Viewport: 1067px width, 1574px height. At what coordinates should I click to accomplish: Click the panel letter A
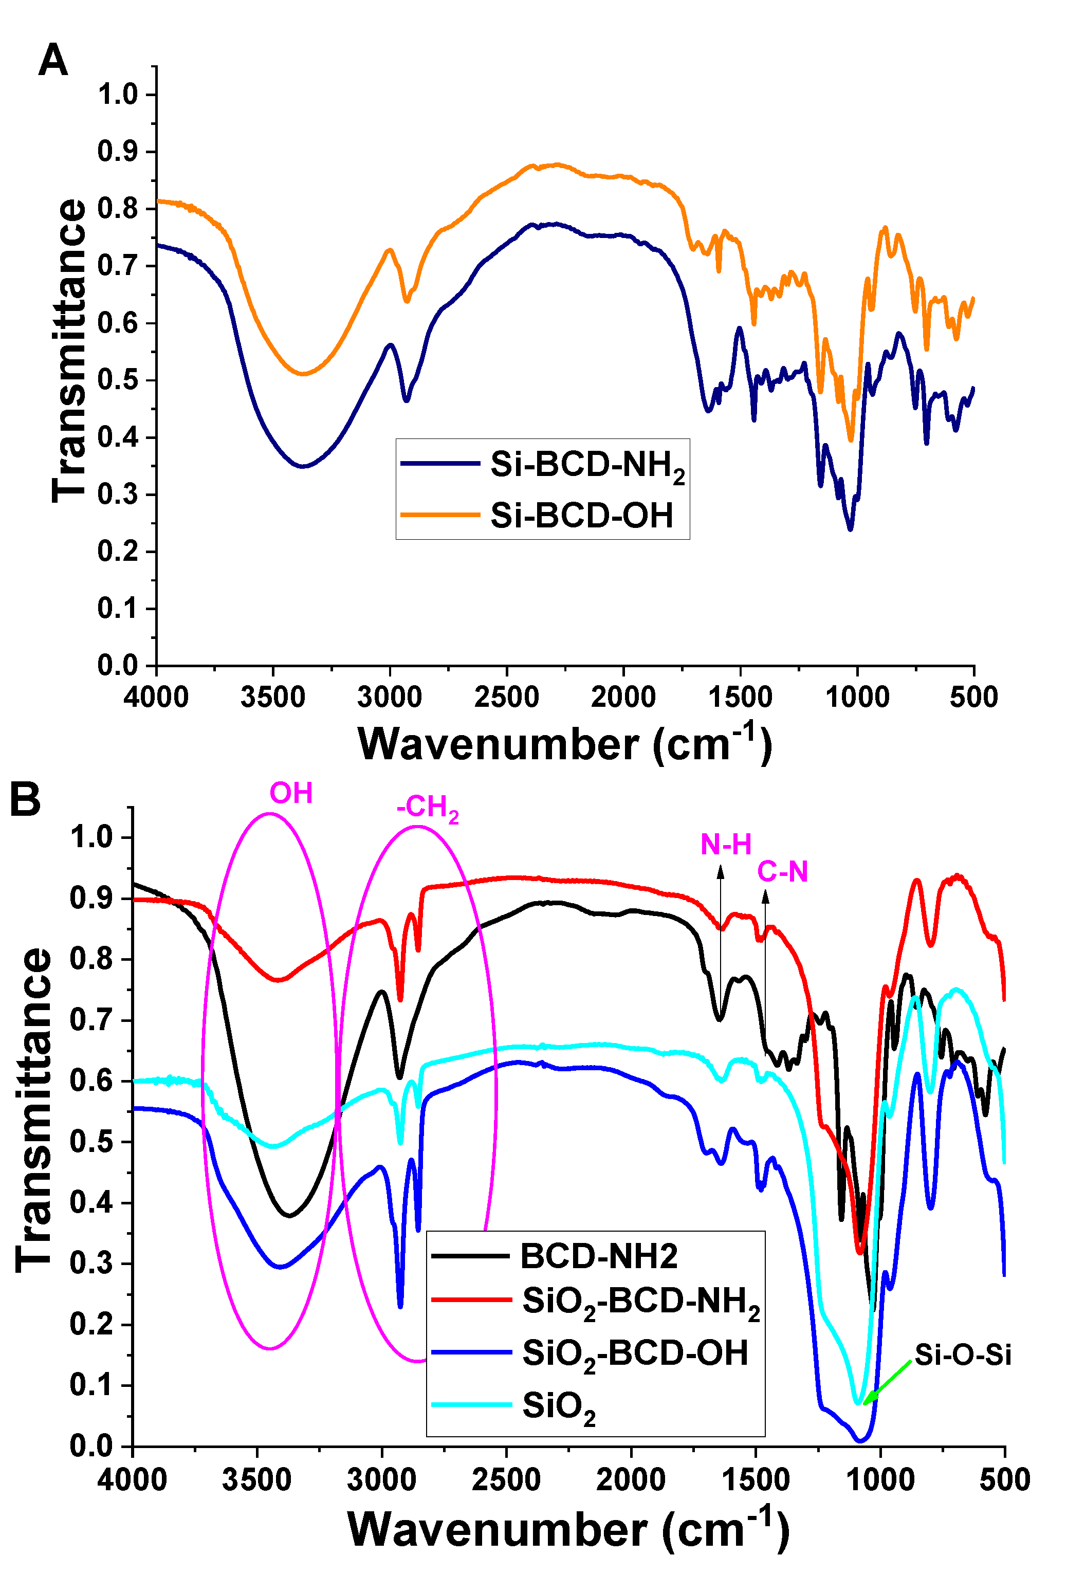click(53, 60)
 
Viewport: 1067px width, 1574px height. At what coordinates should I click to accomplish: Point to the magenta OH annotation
click(291, 793)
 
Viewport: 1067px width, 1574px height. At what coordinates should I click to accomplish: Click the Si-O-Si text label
click(962, 1355)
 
